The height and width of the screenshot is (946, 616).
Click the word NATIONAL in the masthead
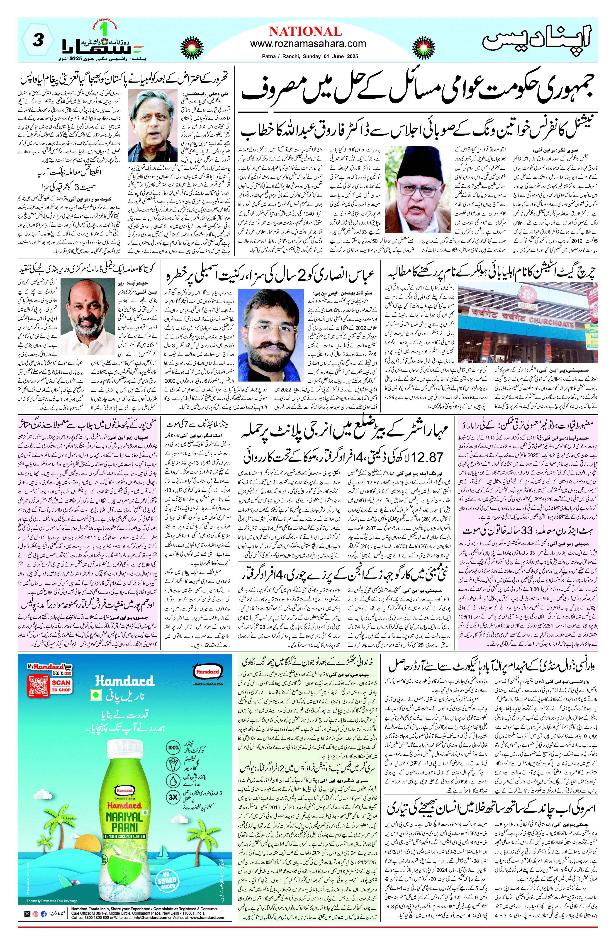(x=305, y=32)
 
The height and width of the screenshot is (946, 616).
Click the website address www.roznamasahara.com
(x=308, y=44)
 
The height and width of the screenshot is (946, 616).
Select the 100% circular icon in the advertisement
(x=173, y=747)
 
